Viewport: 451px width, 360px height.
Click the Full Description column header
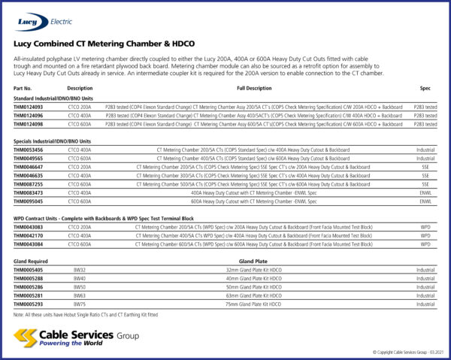tap(254, 89)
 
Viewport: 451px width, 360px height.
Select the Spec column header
tap(425, 89)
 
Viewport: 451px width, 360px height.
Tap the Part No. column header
tap(23, 89)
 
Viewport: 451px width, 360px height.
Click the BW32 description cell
tap(79, 269)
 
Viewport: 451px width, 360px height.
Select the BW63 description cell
tap(79, 295)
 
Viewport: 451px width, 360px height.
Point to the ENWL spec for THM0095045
tap(425, 201)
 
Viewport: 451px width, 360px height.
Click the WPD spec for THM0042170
tap(425, 235)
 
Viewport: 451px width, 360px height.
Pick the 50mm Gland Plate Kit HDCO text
tap(254, 287)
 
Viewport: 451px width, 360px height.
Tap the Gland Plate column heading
tap(254, 261)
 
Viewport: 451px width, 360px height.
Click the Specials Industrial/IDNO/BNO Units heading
tap(53, 141)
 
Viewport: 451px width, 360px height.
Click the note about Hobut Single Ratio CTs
tap(86, 314)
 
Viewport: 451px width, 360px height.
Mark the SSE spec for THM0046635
tap(425, 175)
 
